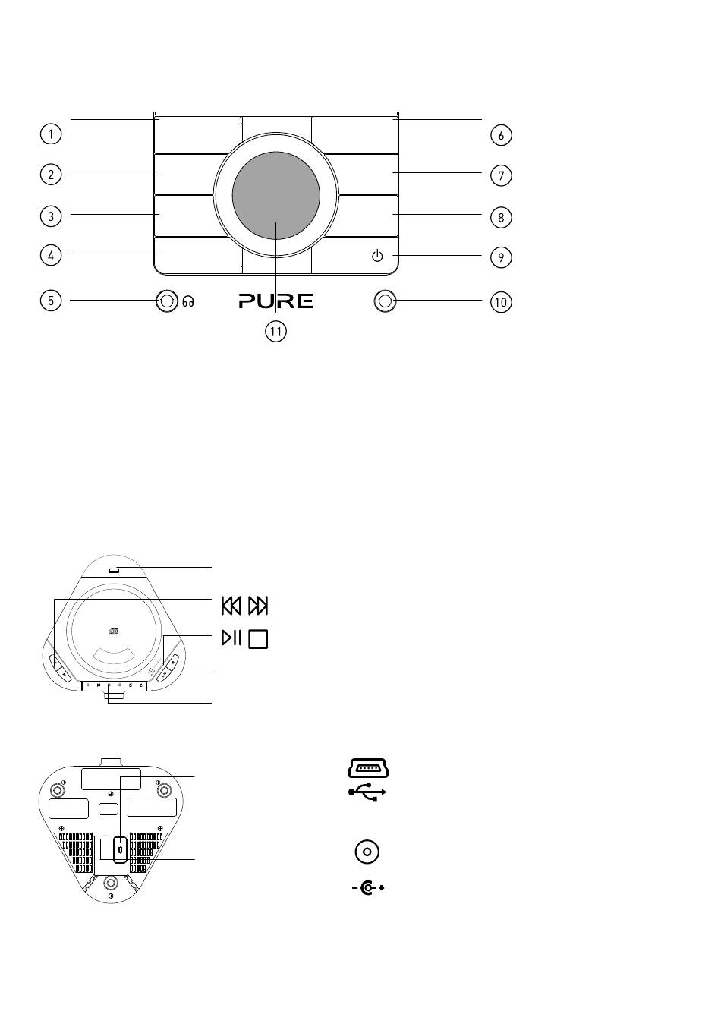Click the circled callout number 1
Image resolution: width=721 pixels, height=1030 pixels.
[x=51, y=134]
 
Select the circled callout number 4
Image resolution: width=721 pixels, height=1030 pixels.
[x=51, y=255]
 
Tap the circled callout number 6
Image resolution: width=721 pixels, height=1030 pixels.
[x=501, y=135]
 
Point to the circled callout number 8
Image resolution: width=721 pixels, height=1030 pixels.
[x=501, y=217]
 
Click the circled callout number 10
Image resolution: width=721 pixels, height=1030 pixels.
[x=501, y=302]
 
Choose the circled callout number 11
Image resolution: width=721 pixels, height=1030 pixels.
[x=276, y=332]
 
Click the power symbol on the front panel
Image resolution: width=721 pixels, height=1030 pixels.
[x=377, y=256]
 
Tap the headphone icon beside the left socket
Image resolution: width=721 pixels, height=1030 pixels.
[x=188, y=301]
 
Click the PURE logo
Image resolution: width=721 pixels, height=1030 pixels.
[x=276, y=301]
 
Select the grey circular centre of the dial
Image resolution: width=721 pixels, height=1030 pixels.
[x=276, y=195]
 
